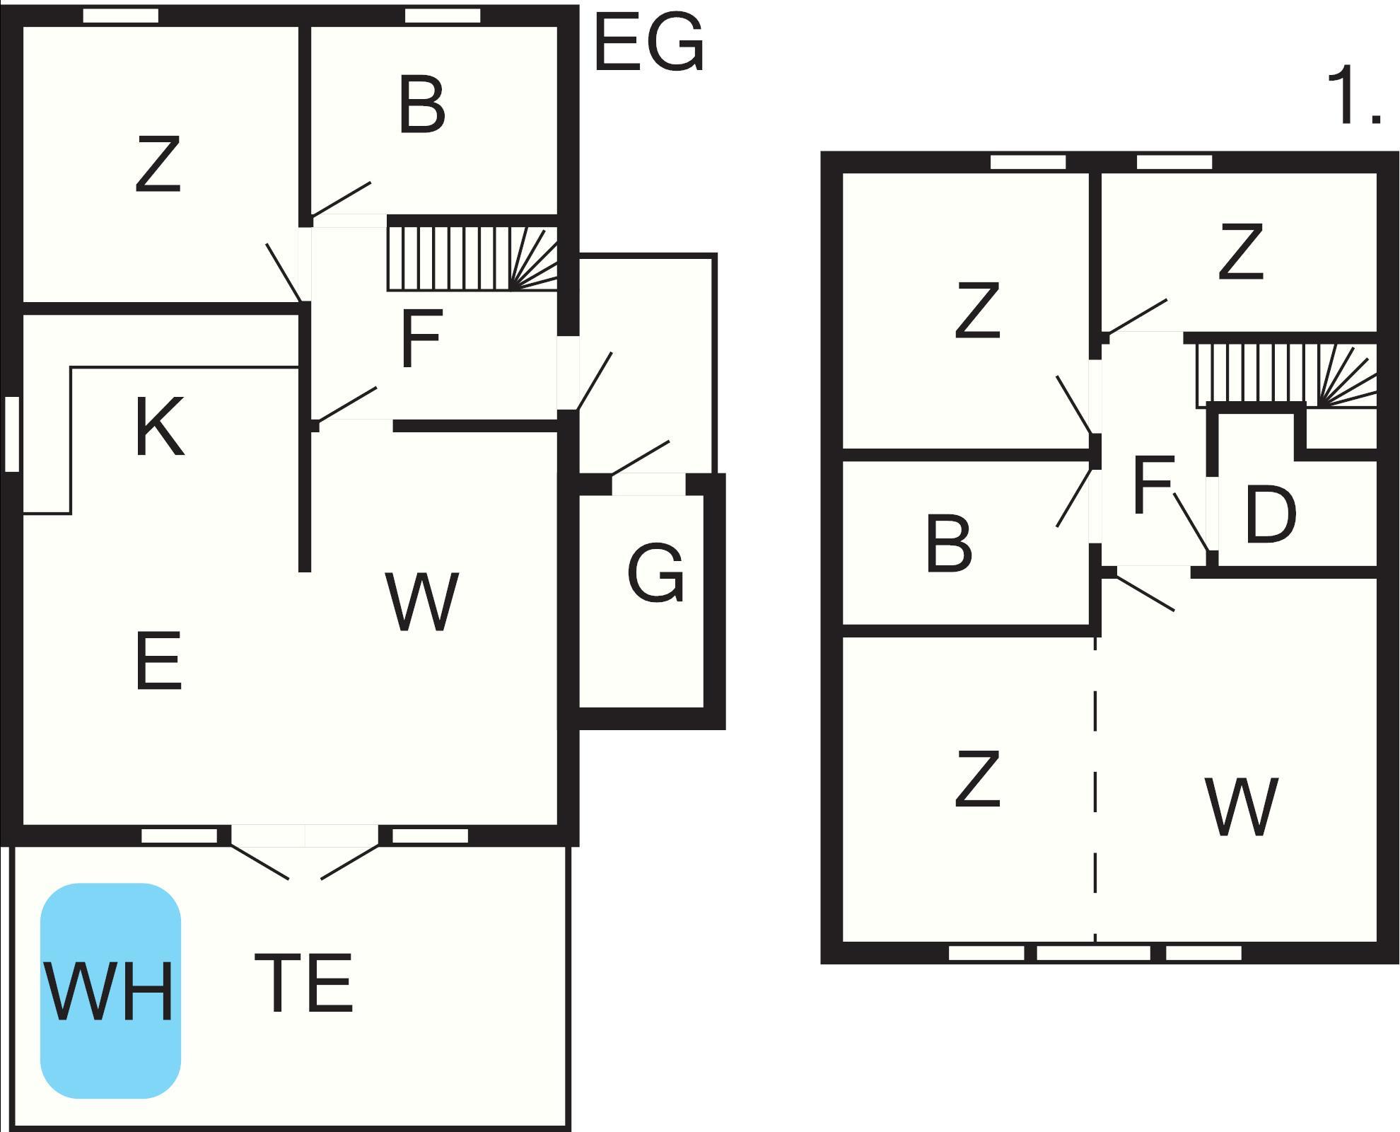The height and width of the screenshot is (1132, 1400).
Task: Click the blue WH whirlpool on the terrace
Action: pyautogui.click(x=110, y=990)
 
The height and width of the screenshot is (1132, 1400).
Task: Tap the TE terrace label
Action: pyautogui.click(x=303, y=983)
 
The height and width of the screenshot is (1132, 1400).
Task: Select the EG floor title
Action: pyautogui.click(x=649, y=44)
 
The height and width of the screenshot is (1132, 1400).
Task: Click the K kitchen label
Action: pyautogui.click(x=159, y=427)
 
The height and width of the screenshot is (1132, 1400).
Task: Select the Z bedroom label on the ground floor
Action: pyautogui.click(x=158, y=165)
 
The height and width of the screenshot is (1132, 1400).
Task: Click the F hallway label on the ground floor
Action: pyautogui.click(x=421, y=338)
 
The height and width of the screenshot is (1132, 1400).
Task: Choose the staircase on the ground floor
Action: pyautogui.click(x=472, y=258)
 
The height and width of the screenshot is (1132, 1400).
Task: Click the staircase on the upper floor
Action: pyautogui.click(x=1285, y=375)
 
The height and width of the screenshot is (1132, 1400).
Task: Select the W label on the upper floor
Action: pyautogui.click(x=1242, y=807)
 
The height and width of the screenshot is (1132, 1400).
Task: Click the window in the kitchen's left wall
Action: pyautogui.click(x=11, y=434)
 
